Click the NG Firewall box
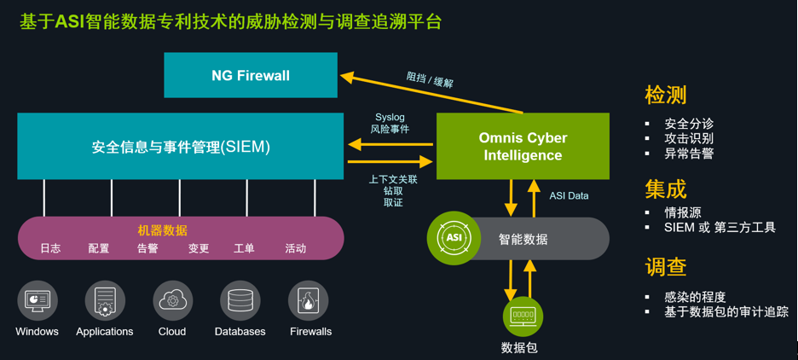pos(251,75)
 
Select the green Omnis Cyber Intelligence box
pos(523,146)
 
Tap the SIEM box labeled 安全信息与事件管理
pos(181,147)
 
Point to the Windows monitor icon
pos(37,301)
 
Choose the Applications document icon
pos(105,301)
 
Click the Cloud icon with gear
pos(172,301)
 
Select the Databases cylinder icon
pos(240,301)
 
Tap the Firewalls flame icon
pos(309,301)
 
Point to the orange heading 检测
pos(666,95)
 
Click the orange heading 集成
pos(666,188)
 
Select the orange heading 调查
pos(666,267)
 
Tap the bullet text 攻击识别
pos(689,138)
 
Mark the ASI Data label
pos(569,195)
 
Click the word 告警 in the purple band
pos(148,249)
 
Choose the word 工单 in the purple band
pos(245,249)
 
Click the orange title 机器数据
pos(162,230)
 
